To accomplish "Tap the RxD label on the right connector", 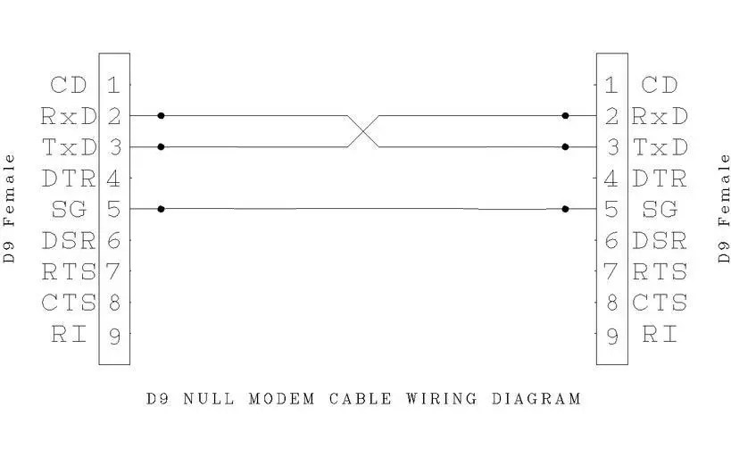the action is coord(660,116).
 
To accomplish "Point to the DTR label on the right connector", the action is coord(660,179).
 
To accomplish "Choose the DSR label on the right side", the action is coord(660,241).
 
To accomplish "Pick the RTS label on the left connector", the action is coord(68,271).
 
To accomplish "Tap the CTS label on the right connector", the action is coord(660,303).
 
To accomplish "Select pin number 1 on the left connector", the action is coord(114,86).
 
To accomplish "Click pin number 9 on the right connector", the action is coord(611,336).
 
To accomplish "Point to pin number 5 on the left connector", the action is coord(114,210).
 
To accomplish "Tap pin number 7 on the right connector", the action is coord(611,271).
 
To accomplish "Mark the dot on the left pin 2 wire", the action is coord(161,116).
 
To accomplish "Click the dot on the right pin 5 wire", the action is coord(565,210).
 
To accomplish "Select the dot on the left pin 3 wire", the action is coord(161,147).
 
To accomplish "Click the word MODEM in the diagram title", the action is coord(281,398).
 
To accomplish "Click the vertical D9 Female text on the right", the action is coord(724,208).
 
